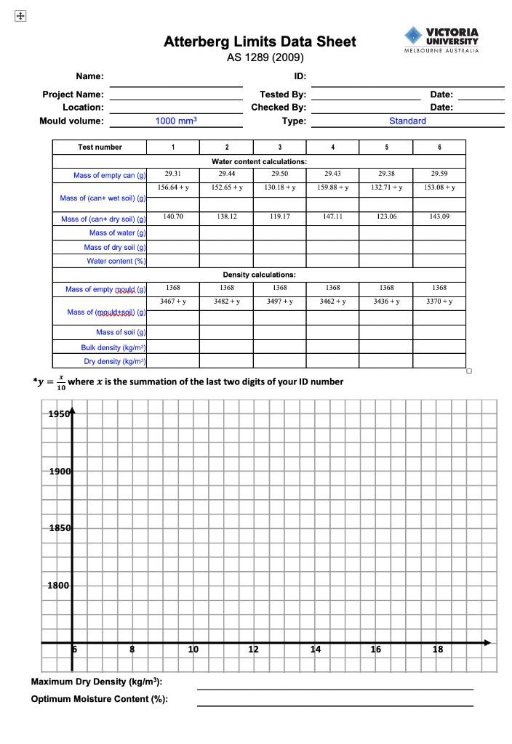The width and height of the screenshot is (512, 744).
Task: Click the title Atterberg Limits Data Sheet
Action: (260, 41)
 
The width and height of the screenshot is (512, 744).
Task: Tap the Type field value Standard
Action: (407, 121)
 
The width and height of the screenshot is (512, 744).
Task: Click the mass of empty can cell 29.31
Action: (172, 174)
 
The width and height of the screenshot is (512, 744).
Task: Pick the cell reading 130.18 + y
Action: (279, 187)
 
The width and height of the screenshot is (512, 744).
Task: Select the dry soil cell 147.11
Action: (332, 217)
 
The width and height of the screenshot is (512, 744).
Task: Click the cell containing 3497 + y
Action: (279, 301)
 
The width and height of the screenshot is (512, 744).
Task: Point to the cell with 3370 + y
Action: (439, 301)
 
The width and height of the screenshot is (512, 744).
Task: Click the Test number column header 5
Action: (386, 147)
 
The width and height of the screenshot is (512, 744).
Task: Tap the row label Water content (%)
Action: (116, 261)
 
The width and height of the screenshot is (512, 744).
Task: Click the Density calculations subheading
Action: (259, 275)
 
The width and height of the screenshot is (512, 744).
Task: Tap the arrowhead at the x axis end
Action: (487, 642)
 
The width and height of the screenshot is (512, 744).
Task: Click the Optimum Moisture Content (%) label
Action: (99, 699)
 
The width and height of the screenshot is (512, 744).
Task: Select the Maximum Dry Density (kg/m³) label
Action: (96, 682)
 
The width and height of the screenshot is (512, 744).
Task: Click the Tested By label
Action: (283, 94)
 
